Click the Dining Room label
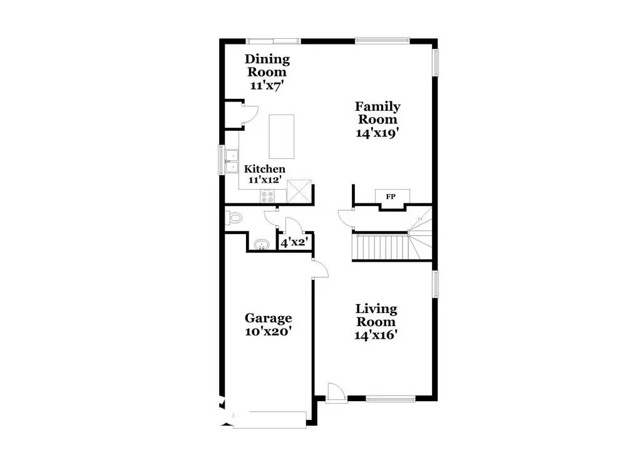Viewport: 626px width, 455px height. tap(267, 66)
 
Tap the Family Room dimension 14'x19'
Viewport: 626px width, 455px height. tap(377, 133)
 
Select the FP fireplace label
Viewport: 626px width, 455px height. tap(391, 197)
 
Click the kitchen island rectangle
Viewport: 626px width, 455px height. tap(282, 136)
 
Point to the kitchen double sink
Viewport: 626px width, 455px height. tap(232, 161)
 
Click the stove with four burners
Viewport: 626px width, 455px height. tap(267, 195)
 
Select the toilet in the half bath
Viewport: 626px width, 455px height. tap(233, 218)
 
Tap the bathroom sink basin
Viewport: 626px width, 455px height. tap(262, 244)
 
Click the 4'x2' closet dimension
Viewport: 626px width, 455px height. tap(294, 242)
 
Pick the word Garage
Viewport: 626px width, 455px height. tap(269, 318)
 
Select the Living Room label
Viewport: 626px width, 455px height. tap(376, 315)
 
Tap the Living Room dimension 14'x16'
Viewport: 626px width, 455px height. tap(376, 334)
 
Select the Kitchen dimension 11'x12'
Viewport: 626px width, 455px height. tap(265, 180)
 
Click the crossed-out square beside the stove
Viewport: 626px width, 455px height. tap(299, 191)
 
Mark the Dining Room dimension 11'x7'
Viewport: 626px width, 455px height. tap(267, 85)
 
